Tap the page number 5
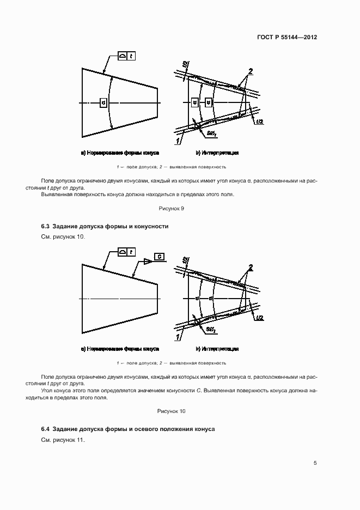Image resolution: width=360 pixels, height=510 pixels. pyautogui.click(x=315, y=463)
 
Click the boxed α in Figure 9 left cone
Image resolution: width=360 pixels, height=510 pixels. pyautogui.click(x=103, y=102)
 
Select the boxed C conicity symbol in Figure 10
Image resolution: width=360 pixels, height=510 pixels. pyautogui.click(x=158, y=257)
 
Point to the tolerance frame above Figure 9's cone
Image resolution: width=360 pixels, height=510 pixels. pyautogui.click(x=127, y=56)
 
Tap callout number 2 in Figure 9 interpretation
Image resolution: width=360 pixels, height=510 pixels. pyautogui.click(x=251, y=72)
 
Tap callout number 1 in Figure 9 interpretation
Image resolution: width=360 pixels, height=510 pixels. pyautogui.click(x=178, y=141)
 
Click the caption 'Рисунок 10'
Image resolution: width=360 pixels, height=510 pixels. pyautogui.click(x=172, y=411)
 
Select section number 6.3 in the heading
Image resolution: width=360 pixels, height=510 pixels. pyautogui.click(x=46, y=226)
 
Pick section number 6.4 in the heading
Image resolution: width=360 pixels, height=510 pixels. pyautogui.click(x=46, y=429)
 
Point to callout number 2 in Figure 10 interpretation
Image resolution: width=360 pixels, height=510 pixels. pyautogui.click(x=251, y=267)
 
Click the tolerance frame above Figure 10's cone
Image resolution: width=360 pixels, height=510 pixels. pyautogui.click(x=127, y=252)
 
